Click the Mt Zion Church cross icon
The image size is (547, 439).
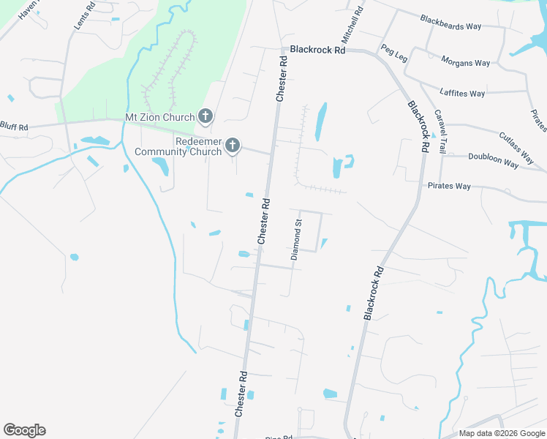tap(205, 116)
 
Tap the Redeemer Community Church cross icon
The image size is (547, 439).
tap(233, 146)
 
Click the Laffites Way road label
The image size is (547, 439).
tap(462, 93)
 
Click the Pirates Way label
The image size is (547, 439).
tap(449, 186)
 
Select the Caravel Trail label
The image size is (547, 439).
tap(440, 132)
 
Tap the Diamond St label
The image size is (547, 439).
tap(297, 240)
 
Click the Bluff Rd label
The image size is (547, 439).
tap(14, 127)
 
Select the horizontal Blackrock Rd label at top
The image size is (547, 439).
tap(317, 50)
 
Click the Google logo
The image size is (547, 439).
tap(24, 430)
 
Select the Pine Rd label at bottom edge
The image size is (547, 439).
tap(279, 437)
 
